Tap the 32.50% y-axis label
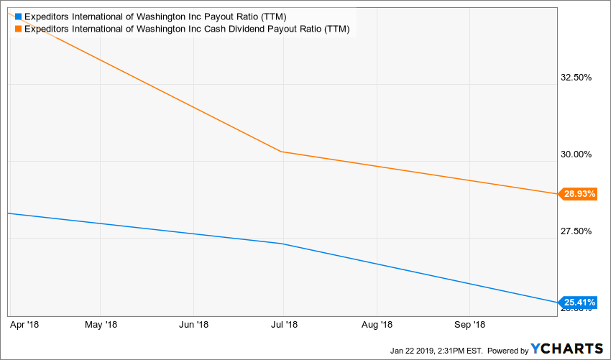click(x=574, y=78)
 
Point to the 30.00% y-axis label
click(x=574, y=154)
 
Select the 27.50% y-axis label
click(x=574, y=231)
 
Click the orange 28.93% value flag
click(x=578, y=194)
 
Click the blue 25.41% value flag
click(x=578, y=303)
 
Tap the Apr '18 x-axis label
click(x=25, y=325)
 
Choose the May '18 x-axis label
click(x=101, y=325)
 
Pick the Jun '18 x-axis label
click(x=193, y=325)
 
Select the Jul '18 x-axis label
click(x=283, y=325)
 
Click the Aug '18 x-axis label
click(x=377, y=325)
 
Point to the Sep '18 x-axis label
click(x=469, y=325)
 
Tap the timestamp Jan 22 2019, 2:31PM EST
click(x=438, y=351)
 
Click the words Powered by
click(x=507, y=351)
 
